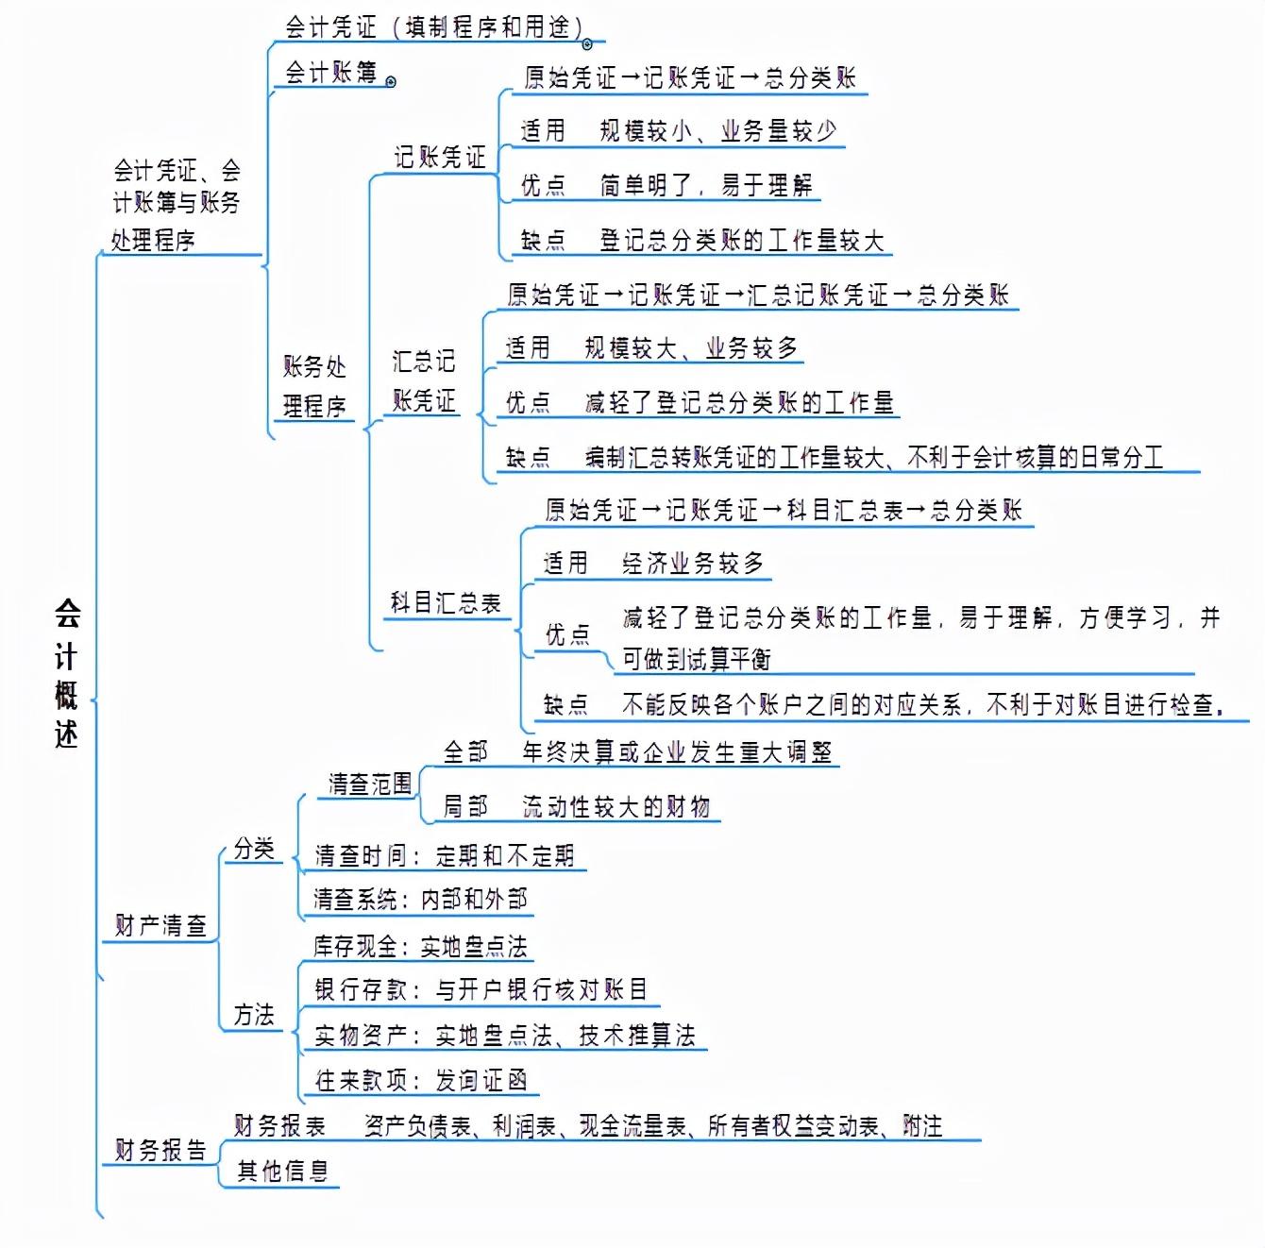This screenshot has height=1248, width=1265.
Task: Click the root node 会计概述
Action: coord(66,673)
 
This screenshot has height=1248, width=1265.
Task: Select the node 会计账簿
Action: coord(330,73)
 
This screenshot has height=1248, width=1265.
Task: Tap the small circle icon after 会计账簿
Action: coord(391,82)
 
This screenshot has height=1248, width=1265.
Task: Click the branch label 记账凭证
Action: coord(440,157)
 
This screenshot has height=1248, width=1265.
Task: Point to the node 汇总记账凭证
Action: coord(424,380)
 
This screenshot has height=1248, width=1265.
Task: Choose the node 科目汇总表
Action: coord(446,602)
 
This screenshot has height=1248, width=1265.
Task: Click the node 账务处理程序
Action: coord(314,386)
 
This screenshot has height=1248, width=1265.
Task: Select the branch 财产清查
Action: coord(160,925)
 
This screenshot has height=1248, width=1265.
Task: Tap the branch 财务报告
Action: coord(160,1150)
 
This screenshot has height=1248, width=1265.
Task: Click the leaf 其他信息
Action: coord(282,1172)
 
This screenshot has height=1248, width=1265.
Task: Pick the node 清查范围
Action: coord(370,784)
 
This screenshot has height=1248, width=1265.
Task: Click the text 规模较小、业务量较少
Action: coord(717,130)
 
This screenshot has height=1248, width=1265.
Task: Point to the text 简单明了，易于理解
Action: coord(705,185)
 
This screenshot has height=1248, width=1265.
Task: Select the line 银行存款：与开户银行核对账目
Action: coord(481,989)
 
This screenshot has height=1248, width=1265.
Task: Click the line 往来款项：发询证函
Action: coord(421,1080)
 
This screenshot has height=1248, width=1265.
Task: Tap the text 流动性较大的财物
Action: coord(616,806)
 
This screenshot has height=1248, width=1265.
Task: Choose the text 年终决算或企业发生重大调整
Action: coord(677,751)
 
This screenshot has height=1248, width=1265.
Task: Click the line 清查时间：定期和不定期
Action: coord(444,855)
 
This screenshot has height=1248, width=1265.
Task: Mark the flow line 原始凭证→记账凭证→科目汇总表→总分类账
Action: coord(784,511)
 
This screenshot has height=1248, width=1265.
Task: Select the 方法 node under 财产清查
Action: coord(254,1015)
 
